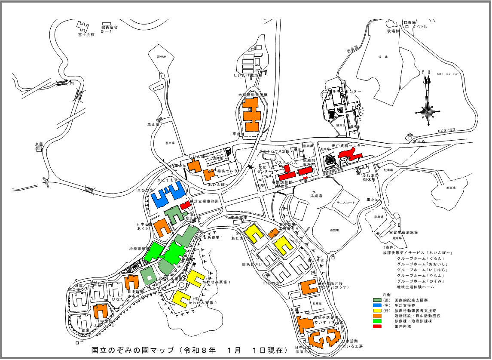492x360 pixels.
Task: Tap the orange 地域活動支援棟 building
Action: pyautogui.click(x=251, y=114)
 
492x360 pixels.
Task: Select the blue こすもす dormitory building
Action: pyautogui.click(x=169, y=195)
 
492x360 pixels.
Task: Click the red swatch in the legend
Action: pyautogui.click(x=377, y=327)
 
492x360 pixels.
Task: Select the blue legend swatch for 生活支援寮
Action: pyautogui.click(x=377, y=305)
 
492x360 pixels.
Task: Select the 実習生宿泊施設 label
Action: pyautogui.click(x=403, y=233)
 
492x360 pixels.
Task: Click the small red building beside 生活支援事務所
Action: pyautogui.click(x=185, y=206)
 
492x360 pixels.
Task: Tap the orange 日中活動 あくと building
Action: pyautogui.click(x=163, y=227)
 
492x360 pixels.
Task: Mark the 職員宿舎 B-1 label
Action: pyautogui.click(x=109, y=29)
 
